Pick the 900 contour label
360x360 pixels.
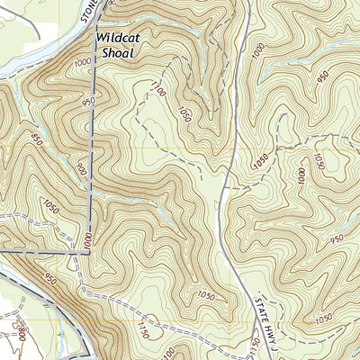pos(80,168)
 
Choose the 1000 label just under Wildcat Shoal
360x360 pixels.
pos(85,63)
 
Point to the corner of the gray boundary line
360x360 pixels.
pos(89,254)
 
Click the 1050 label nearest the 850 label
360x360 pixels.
pos(50,208)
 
